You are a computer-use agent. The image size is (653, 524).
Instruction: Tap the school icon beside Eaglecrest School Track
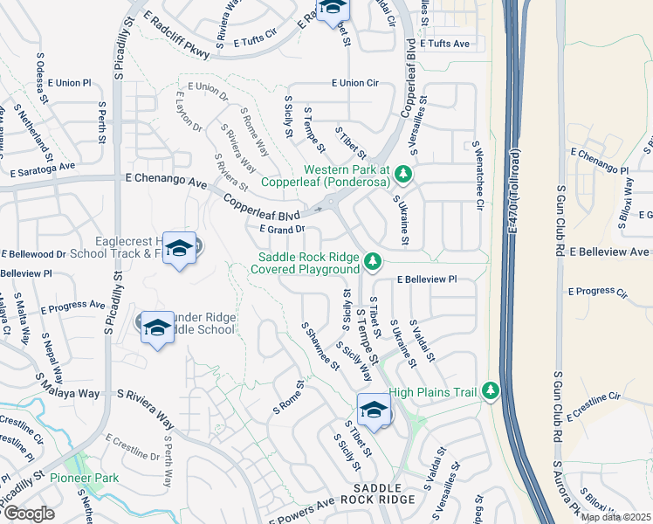179,251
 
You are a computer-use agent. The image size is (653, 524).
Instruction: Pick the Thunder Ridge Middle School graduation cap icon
156,328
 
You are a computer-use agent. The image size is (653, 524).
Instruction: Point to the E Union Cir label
354,83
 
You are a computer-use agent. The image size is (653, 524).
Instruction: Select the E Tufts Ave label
444,44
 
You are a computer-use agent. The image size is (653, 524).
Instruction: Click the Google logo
29,514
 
